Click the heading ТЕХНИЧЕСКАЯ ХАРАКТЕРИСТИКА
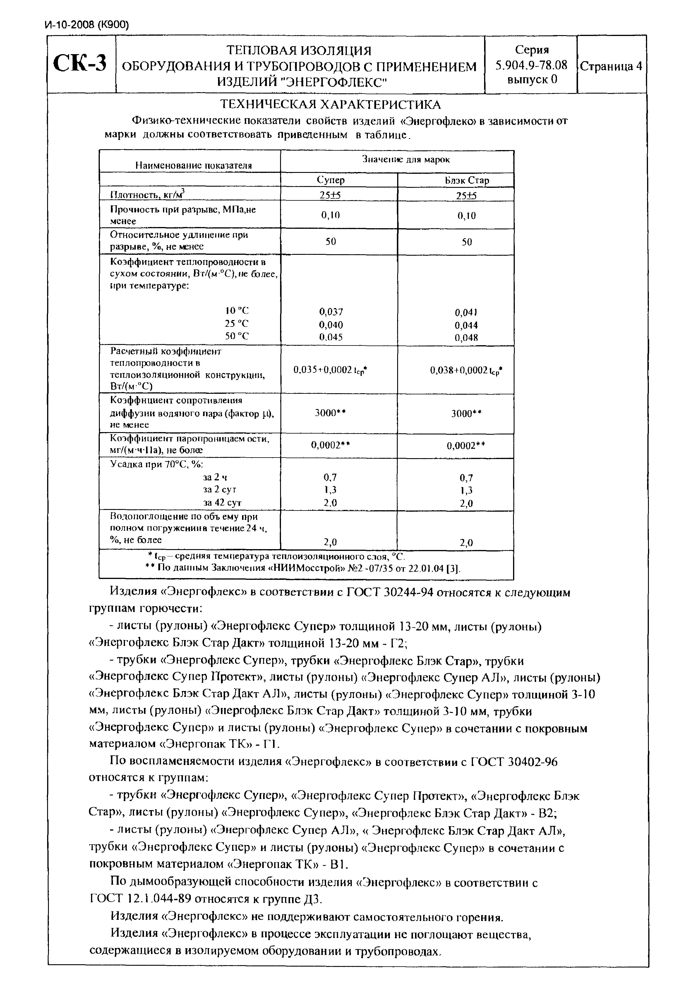point(331,104)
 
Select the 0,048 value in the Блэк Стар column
point(466,338)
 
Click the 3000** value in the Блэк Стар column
point(466,413)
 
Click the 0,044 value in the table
point(466,325)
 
